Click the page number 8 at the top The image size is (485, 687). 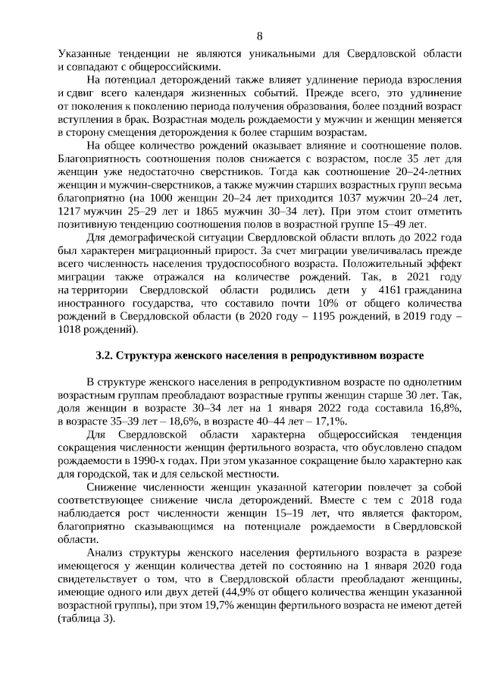pyautogui.click(x=260, y=36)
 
